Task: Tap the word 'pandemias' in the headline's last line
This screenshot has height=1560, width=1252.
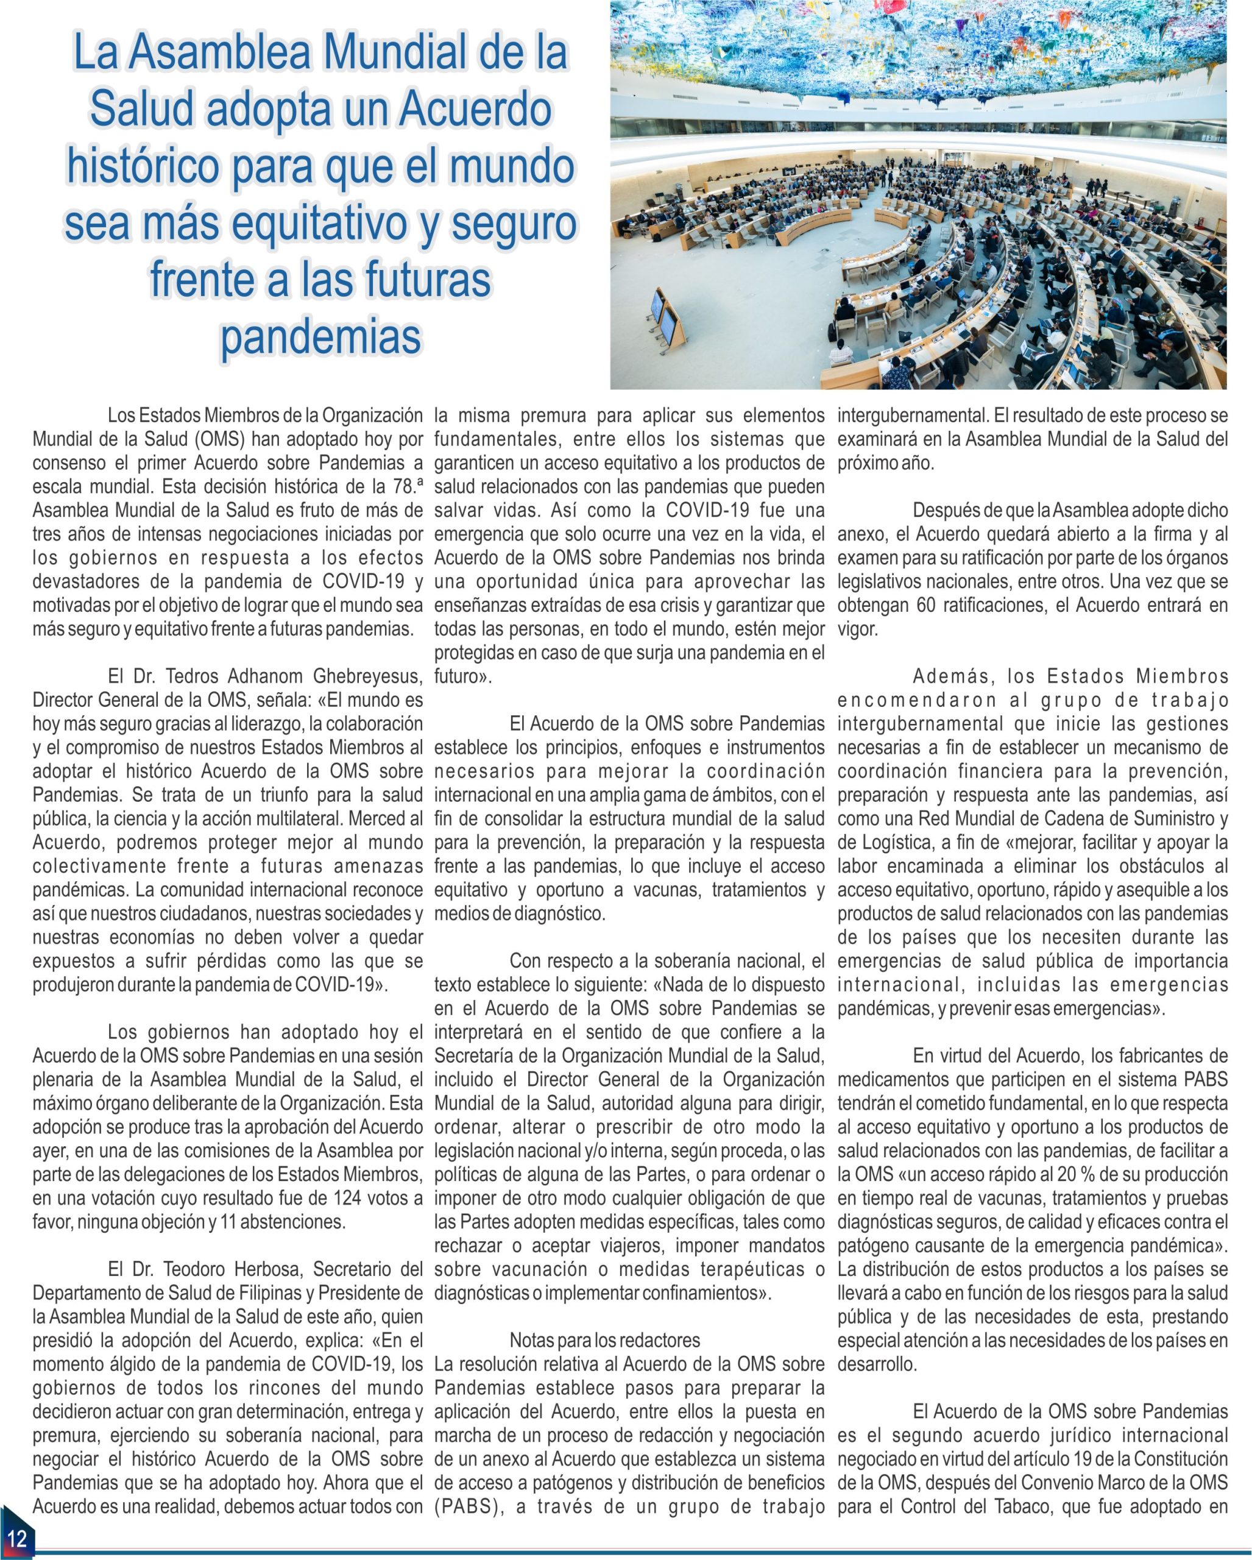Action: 320,336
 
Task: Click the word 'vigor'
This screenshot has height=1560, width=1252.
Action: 857,629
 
